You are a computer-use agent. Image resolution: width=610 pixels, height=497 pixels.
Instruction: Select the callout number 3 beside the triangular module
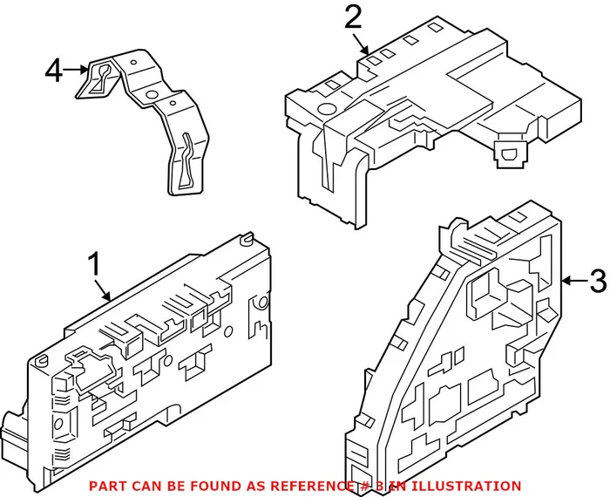pos(596,281)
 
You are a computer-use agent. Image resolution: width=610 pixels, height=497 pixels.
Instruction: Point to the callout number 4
pos(53,70)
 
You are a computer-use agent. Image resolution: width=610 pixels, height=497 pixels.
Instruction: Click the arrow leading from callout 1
pos(104,290)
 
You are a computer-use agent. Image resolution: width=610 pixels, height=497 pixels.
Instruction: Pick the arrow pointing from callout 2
pos(363,44)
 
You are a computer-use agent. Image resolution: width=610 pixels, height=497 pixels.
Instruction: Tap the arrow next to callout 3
pos(573,281)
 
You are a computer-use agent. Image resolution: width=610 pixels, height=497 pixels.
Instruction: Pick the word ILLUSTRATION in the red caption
pos(470,486)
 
